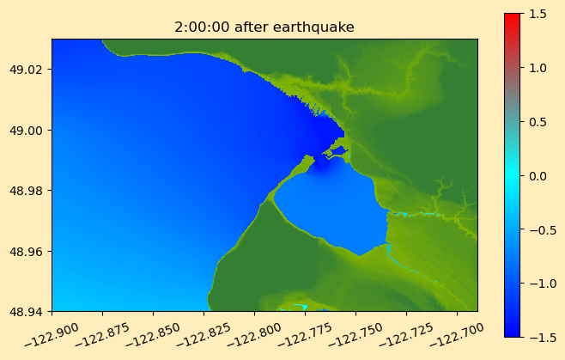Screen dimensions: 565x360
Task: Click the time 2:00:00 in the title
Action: pos(202,27)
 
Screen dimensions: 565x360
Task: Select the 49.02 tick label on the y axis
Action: pos(28,70)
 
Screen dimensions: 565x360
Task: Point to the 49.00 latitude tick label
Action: pos(28,131)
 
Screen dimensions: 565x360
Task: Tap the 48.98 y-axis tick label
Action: pos(28,191)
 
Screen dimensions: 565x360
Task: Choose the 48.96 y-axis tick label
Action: pos(28,251)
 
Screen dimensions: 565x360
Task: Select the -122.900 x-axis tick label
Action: pos(52,335)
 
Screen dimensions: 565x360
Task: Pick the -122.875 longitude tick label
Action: pos(102,335)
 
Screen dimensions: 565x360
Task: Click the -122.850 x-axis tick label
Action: pos(153,335)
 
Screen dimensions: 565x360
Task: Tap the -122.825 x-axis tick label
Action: pos(204,335)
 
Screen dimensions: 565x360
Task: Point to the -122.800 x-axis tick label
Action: pos(253,335)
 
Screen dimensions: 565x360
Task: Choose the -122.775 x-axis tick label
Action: pos(305,335)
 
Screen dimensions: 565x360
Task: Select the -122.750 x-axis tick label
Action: pos(355,335)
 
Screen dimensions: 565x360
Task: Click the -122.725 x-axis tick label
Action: pos(406,335)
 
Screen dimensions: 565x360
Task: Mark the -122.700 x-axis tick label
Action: pos(456,335)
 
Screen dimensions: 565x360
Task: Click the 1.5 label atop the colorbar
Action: pos(538,14)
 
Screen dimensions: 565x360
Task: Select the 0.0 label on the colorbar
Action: pos(538,176)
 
